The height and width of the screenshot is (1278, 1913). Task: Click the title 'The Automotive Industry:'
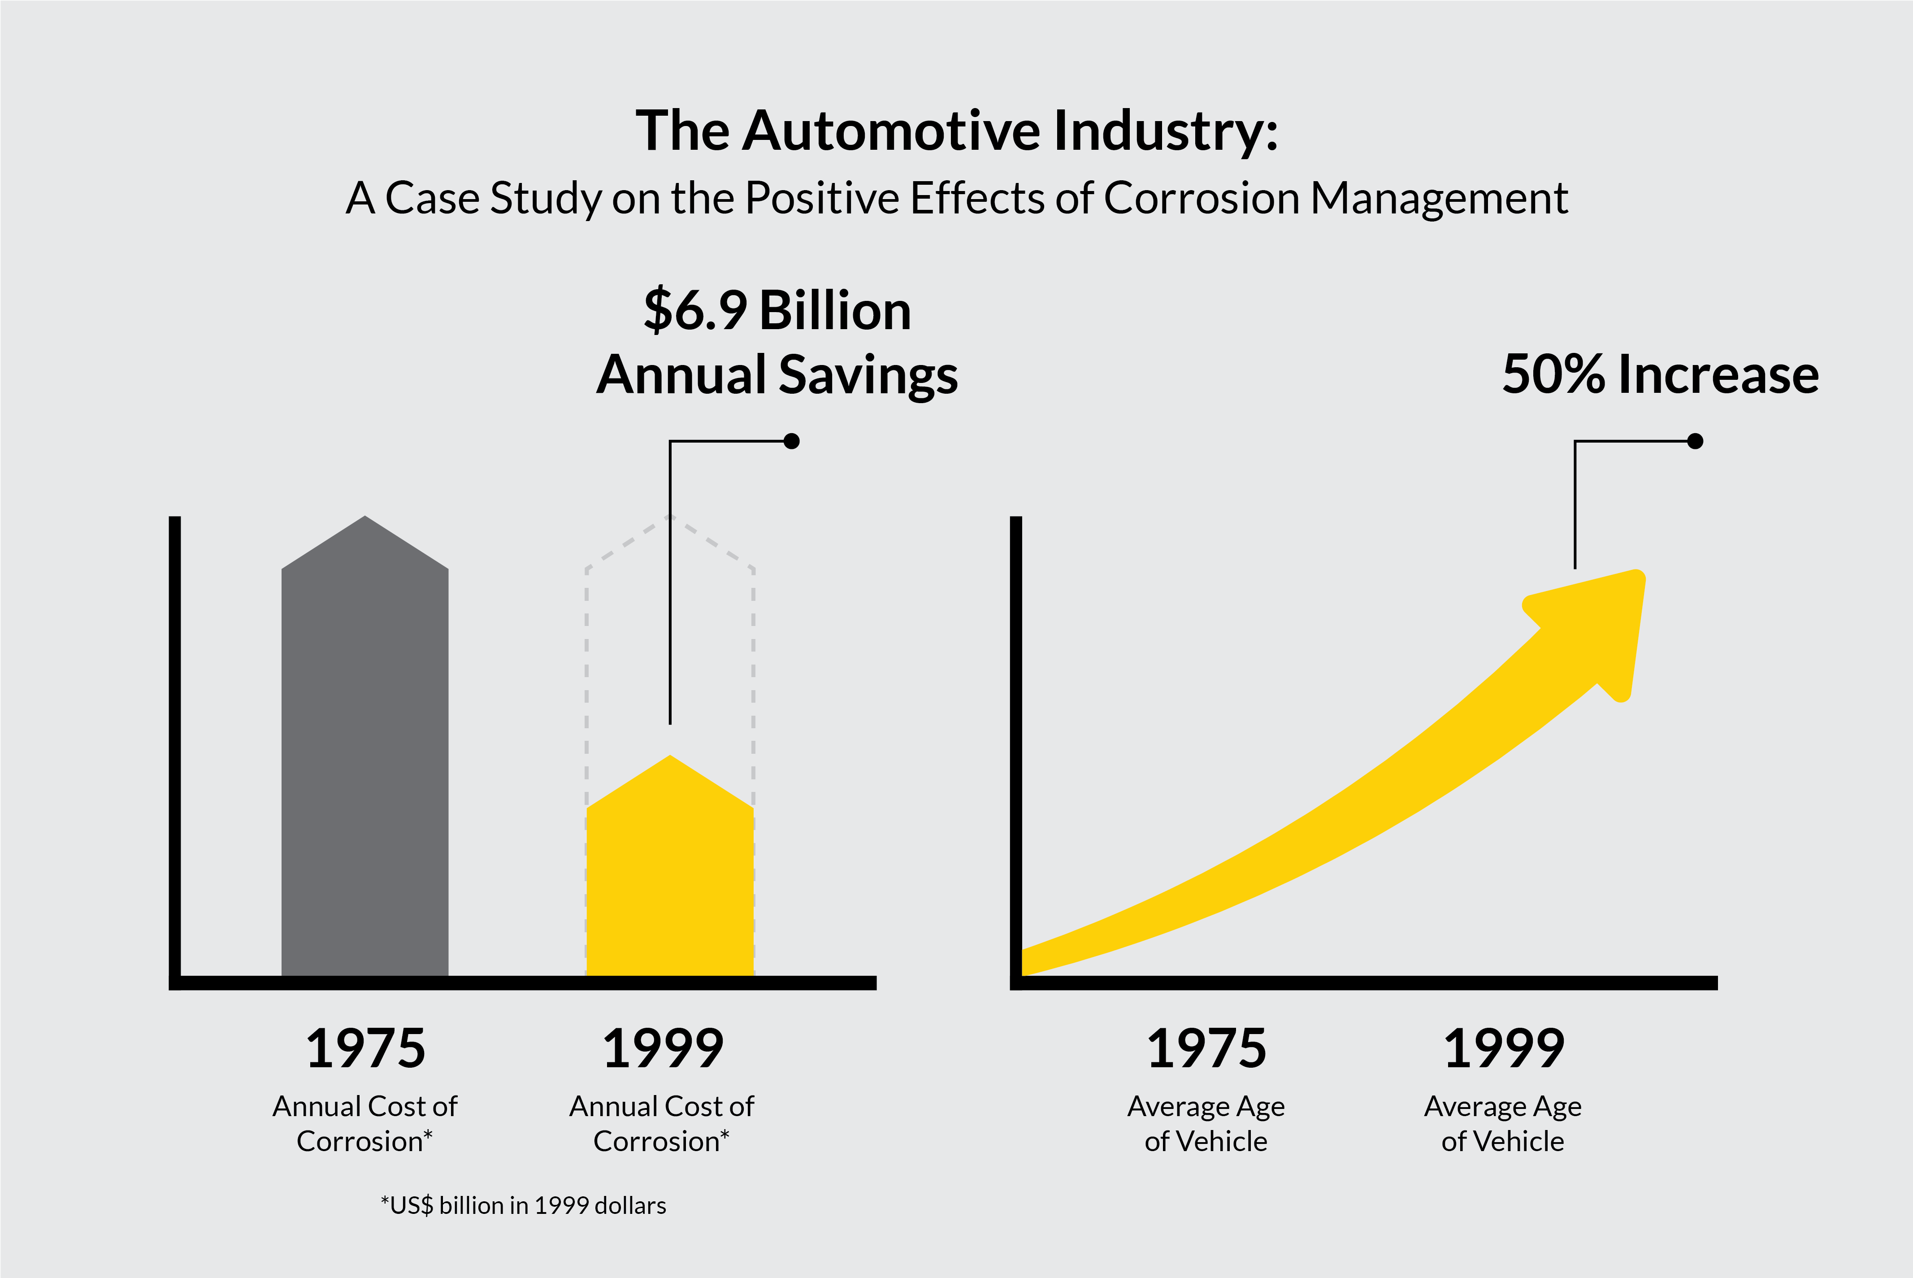(x=957, y=130)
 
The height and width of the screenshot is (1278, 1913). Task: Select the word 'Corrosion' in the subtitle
(x=1202, y=198)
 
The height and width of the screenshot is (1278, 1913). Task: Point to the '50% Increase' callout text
(x=1660, y=375)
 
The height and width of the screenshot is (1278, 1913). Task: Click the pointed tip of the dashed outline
(x=670, y=517)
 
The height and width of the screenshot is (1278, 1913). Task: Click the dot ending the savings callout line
(x=791, y=441)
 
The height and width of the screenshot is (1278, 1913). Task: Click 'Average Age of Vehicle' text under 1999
(x=1503, y=1123)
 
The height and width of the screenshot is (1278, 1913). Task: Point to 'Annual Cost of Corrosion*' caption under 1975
(x=365, y=1123)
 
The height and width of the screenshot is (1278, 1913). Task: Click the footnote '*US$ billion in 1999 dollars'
(x=523, y=1205)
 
